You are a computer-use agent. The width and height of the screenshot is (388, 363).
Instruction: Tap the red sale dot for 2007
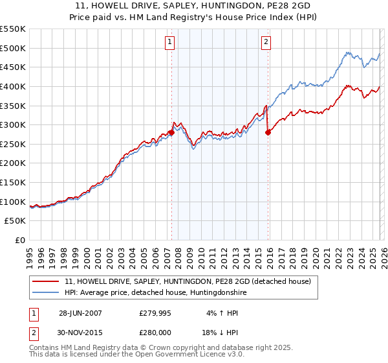tap(171, 132)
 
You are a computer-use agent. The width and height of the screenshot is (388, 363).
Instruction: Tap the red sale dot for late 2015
tap(268, 132)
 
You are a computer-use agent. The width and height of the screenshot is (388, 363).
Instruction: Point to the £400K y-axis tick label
tap(14, 86)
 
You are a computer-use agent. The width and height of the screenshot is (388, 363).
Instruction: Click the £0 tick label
tap(20, 240)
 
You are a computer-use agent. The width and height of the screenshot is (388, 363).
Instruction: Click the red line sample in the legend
tap(47, 281)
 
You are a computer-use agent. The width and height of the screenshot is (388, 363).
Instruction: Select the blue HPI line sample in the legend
tap(47, 293)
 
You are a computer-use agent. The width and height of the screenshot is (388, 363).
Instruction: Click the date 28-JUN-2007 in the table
tap(80, 312)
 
